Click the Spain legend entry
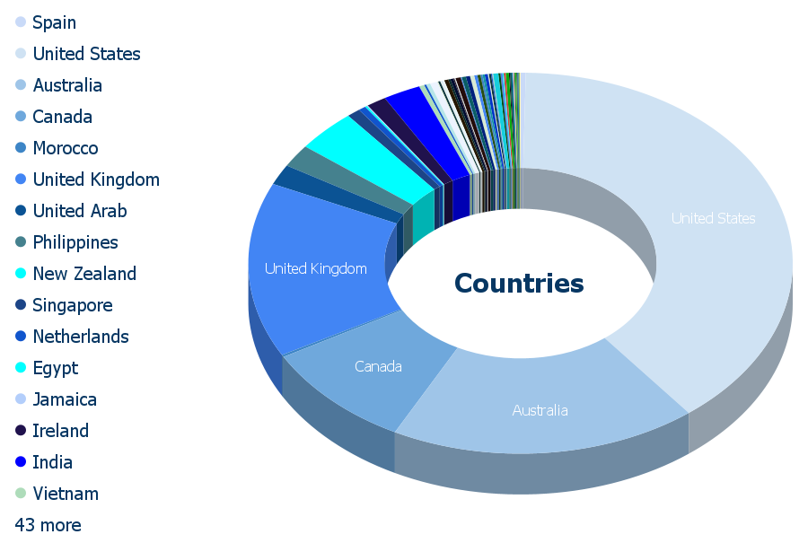point(46,22)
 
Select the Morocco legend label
point(66,148)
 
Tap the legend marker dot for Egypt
point(21,368)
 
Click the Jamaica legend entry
point(57,399)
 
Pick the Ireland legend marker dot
point(21,431)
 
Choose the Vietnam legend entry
point(57,494)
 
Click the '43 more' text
point(48,525)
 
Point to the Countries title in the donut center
point(519,284)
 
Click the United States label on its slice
point(713,218)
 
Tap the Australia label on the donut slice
point(540,410)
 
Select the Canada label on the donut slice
point(378,366)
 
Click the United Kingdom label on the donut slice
point(316,268)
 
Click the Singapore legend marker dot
point(21,305)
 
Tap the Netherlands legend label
point(81,337)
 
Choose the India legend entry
point(44,462)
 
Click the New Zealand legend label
point(84,274)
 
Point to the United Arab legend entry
point(71,211)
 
